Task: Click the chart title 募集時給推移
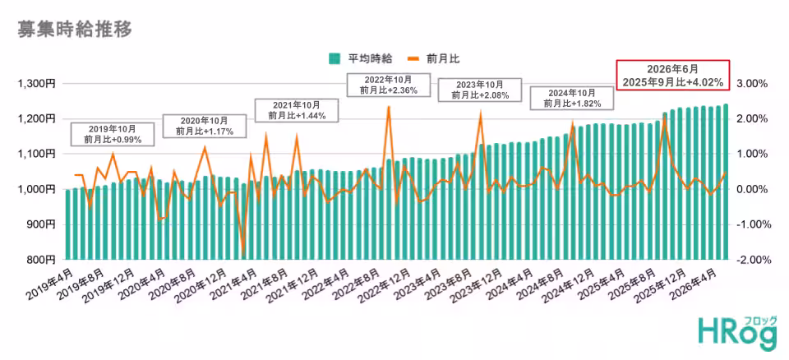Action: (x=75, y=30)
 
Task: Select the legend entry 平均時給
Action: (x=361, y=59)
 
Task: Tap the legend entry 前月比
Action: (x=434, y=59)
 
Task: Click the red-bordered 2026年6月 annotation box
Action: (x=673, y=75)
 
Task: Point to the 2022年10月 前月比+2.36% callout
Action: (x=389, y=85)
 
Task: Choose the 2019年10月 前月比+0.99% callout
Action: (x=113, y=133)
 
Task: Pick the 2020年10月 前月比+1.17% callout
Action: (x=205, y=127)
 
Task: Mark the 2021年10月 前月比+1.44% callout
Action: (x=297, y=110)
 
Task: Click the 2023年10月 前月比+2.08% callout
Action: (x=480, y=90)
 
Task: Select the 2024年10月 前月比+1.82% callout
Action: (x=572, y=98)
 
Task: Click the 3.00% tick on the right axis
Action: (x=753, y=84)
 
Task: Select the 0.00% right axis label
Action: (x=753, y=189)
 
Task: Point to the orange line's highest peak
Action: (x=389, y=106)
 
